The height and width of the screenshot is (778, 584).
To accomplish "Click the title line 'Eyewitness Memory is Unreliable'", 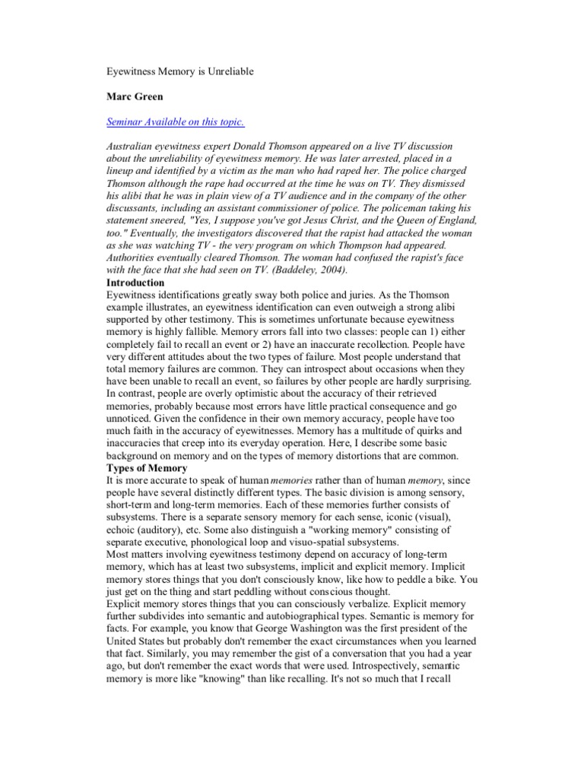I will point(179,71).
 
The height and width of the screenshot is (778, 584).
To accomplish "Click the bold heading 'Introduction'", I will point(135,283).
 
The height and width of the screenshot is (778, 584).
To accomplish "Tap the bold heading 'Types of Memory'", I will point(147,468).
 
